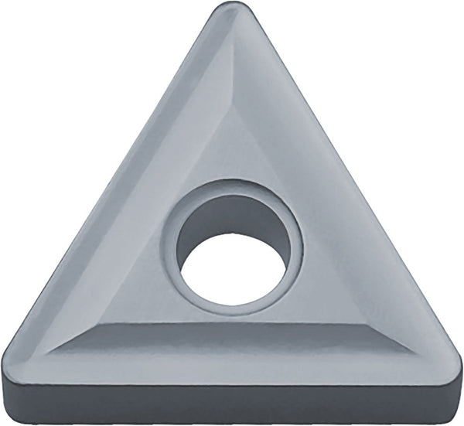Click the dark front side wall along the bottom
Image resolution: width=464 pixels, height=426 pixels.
click(232, 402)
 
